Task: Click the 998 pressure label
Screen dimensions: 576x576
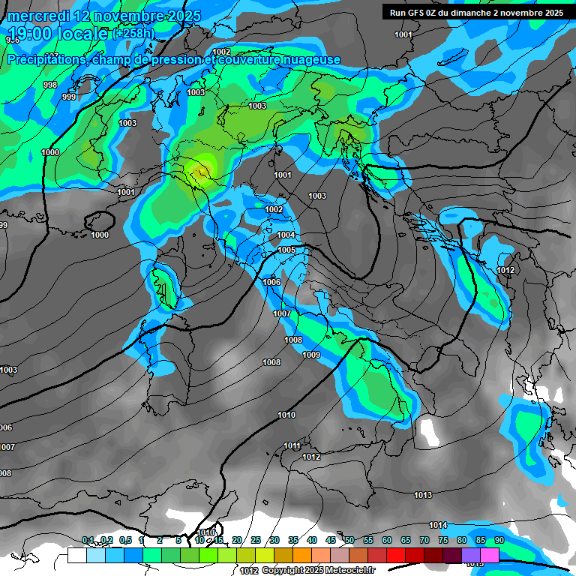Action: tap(50, 85)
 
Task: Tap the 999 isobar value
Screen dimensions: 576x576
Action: tap(68, 97)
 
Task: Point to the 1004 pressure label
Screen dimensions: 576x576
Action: tap(286, 235)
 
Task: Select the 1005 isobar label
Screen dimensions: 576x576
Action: tap(286, 250)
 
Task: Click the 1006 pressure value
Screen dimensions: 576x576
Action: tap(271, 282)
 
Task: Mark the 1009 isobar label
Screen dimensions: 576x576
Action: tap(311, 355)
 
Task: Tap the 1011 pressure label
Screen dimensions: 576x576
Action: tap(292, 446)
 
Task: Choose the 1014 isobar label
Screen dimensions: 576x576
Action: tap(438, 525)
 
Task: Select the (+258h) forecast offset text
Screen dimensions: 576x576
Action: tap(133, 33)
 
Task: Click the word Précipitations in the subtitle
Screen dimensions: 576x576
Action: tap(45, 60)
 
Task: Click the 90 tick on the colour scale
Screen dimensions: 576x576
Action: tap(499, 540)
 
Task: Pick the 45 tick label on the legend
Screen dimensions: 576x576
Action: tap(331, 540)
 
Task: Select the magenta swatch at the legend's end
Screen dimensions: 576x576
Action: tap(490, 555)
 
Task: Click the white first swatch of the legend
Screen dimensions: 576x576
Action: tap(76, 555)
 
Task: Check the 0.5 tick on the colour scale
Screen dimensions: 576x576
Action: tap(125, 540)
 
